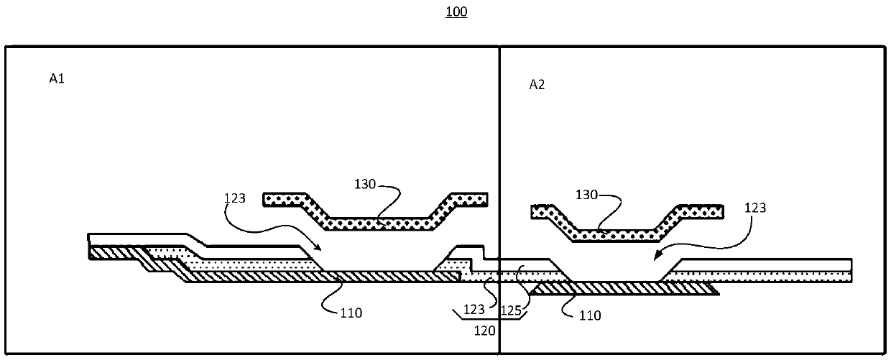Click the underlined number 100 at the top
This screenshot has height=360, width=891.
(456, 13)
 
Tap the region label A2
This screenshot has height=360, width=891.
(537, 85)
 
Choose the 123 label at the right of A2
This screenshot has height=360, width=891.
(756, 208)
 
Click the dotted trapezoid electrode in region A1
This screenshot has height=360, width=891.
(376, 213)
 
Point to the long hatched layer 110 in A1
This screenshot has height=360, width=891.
(309, 277)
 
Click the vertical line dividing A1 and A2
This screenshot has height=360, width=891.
(499, 144)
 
